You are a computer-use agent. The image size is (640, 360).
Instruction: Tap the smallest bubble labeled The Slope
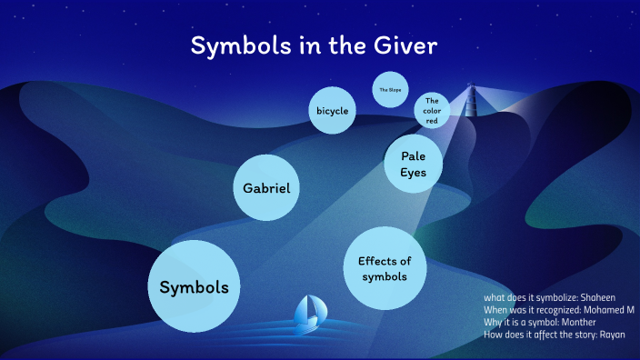pyautogui.click(x=389, y=90)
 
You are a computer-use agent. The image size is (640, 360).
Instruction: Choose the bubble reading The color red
pyautogui.click(x=432, y=111)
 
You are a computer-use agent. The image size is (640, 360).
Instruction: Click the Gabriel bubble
pyautogui.click(x=266, y=188)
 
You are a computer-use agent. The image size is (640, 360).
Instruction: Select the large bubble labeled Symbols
pyautogui.click(x=195, y=286)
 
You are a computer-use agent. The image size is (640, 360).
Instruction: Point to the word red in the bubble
pyautogui.click(x=432, y=121)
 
